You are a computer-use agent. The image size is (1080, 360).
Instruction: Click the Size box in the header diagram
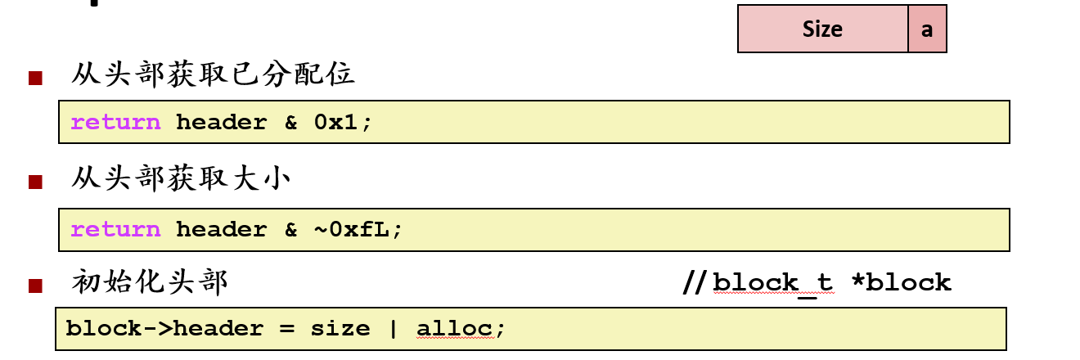coord(822,29)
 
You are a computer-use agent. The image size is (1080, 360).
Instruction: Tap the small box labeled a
coord(927,29)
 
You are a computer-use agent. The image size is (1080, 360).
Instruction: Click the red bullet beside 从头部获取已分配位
coord(35,79)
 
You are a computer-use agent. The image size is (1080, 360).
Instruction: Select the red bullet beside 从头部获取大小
coord(35,182)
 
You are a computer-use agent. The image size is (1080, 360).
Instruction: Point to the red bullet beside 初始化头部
coord(35,286)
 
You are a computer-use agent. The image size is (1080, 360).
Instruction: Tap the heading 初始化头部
coord(150,282)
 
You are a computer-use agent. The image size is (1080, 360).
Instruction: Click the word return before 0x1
coord(115,123)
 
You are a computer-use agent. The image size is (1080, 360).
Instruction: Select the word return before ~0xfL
coord(115,230)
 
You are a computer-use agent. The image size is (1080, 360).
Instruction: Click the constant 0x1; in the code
coord(343,123)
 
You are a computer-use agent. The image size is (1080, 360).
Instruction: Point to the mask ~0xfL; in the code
coord(358,230)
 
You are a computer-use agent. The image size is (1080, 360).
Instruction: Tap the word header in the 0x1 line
coord(221,123)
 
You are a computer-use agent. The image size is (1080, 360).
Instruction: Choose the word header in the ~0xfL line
coord(221,230)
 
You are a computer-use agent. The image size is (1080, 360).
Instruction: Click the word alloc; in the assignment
coord(461,329)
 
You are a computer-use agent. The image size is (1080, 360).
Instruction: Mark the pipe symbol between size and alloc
coord(393,329)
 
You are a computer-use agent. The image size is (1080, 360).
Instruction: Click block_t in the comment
coord(772,283)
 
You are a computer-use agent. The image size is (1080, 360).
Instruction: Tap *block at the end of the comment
coord(901,283)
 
